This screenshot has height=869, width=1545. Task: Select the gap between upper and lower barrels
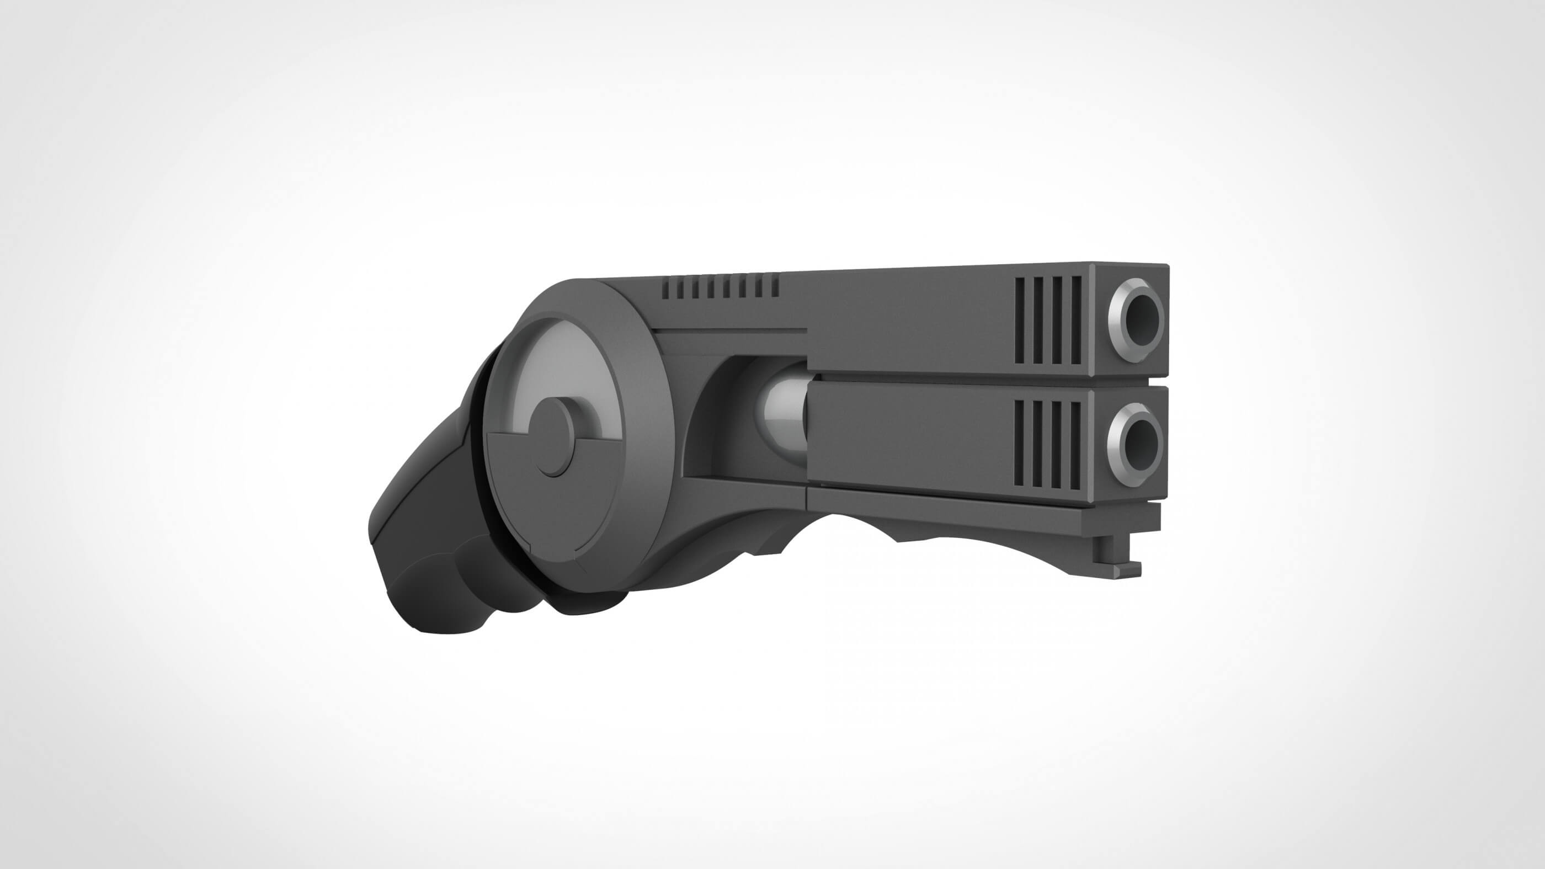(984, 382)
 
